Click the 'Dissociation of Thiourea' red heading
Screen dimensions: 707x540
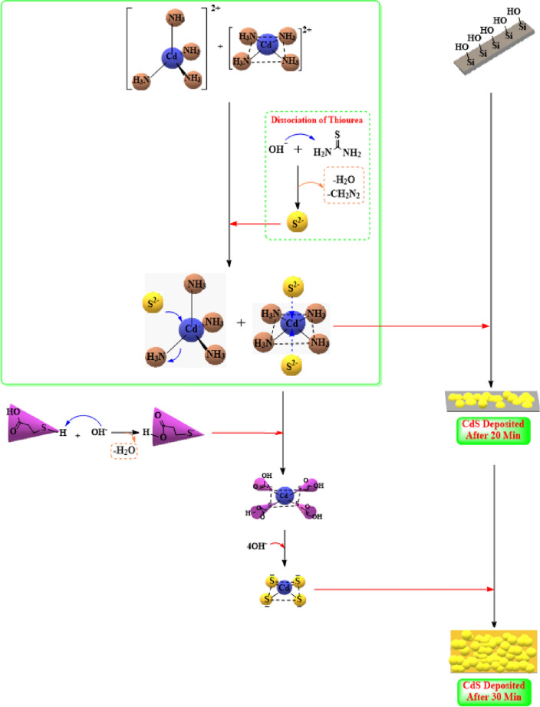[318, 119]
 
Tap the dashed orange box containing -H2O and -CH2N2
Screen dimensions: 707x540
[343, 188]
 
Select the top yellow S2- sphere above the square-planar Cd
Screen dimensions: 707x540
[292, 288]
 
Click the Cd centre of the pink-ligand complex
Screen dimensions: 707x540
[285, 494]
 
